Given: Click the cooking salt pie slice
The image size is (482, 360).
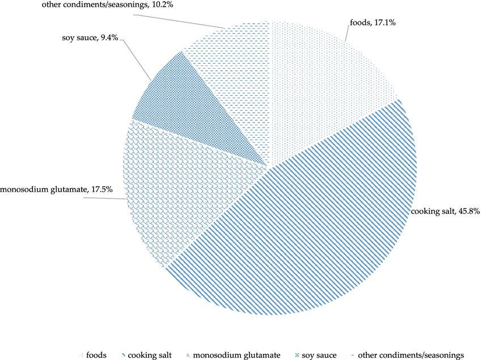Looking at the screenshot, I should pos(318,221).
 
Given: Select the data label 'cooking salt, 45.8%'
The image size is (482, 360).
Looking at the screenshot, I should pos(446,211).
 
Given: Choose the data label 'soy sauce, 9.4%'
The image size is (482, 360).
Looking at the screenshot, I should pos(91,38).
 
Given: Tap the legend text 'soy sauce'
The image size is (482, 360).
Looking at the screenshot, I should pos(321,355).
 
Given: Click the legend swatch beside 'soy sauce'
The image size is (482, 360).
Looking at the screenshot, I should pos(298,355).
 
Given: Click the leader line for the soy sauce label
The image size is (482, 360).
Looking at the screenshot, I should pos(136,60).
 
